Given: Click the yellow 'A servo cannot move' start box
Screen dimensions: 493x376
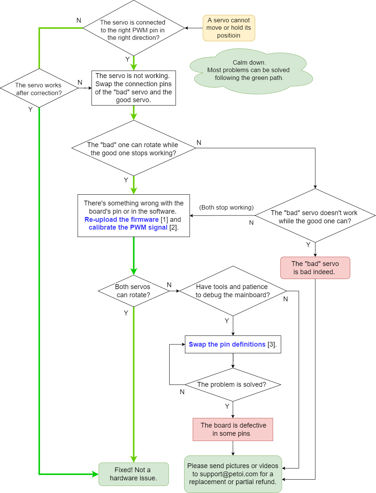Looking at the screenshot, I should tap(229, 28).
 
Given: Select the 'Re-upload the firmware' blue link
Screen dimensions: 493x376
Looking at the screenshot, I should tap(122, 220).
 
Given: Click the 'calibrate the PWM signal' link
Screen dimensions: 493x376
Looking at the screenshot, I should tap(128, 227).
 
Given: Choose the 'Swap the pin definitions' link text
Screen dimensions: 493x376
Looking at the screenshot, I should tap(227, 344).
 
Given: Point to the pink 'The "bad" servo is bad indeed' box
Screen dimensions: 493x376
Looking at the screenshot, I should tap(315, 268).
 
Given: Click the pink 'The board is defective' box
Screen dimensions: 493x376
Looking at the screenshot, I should tap(233, 429).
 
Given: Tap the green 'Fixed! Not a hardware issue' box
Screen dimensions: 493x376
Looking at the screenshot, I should tap(134, 474).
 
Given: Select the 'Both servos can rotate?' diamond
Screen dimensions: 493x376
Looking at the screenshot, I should tap(133, 291).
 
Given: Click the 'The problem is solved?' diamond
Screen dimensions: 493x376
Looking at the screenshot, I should tap(232, 385).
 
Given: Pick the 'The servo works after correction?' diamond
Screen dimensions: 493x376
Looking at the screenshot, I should tap(39, 88).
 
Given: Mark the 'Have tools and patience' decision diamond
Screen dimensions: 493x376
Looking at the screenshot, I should tap(233, 291).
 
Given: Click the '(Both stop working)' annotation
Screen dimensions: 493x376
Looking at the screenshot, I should tap(226, 207).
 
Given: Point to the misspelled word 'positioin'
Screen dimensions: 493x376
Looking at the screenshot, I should tap(229, 36).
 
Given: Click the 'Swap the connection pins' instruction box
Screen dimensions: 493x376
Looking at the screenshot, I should tap(134, 88).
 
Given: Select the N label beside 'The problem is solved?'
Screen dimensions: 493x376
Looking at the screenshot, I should tap(182, 392).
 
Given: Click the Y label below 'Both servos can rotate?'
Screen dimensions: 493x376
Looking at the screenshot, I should tap(126, 313).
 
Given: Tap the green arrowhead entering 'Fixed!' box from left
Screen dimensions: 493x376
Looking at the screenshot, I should tap(95, 474).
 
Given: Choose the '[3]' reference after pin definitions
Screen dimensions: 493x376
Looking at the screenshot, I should tap(271, 344).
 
